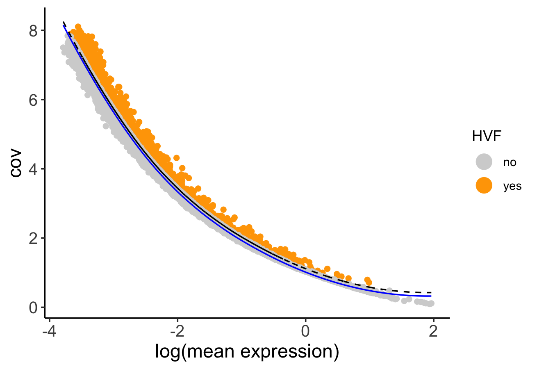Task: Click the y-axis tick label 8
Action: [34, 31]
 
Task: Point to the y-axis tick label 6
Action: [34, 100]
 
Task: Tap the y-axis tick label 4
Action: [34, 169]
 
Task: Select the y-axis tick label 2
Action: [34, 238]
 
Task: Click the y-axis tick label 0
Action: [34, 307]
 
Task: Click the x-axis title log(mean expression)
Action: [247, 351]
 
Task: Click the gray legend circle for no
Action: [484, 162]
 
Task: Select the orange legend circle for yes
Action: [484, 186]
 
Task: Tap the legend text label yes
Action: [512, 186]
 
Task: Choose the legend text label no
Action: [510, 162]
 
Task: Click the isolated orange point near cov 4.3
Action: [177, 158]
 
